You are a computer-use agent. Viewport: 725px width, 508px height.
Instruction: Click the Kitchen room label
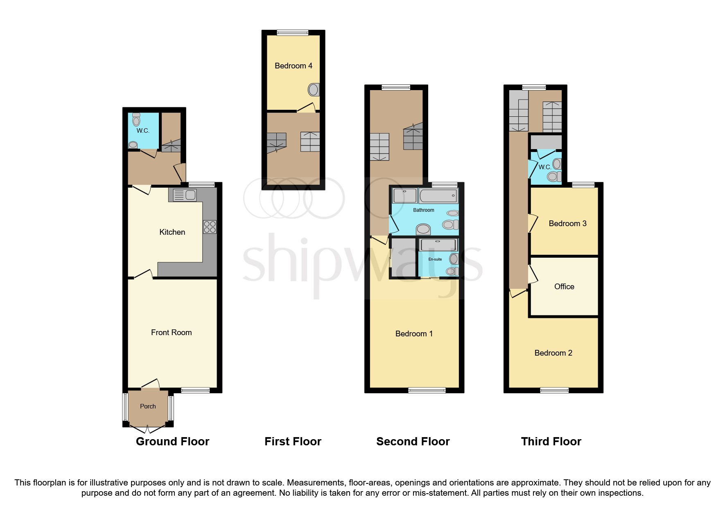tap(172, 232)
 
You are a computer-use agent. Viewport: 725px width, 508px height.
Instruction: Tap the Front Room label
tap(171, 333)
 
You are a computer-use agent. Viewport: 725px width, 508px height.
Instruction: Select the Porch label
tap(148, 406)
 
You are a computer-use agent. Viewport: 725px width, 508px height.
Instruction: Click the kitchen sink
tap(185, 195)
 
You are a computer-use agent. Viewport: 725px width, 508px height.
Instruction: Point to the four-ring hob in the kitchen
tap(210, 227)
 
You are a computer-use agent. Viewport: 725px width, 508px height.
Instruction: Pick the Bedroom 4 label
tap(293, 66)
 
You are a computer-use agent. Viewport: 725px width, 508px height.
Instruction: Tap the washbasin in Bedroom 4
tap(314, 90)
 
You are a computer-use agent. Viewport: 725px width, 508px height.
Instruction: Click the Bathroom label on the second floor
tap(423, 210)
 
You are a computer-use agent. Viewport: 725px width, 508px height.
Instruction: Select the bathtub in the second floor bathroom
tap(438, 196)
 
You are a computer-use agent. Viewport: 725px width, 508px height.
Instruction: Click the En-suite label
tap(435, 259)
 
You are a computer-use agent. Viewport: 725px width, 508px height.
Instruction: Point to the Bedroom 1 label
tap(414, 334)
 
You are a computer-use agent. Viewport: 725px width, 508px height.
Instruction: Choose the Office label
tap(564, 287)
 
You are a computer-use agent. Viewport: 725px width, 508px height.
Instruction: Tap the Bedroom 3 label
tap(567, 224)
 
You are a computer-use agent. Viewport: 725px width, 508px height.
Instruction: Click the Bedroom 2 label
tap(553, 353)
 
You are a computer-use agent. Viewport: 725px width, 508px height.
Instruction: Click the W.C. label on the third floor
tap(544, 167)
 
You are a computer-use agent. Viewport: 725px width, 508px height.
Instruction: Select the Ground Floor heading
tap(172, 442)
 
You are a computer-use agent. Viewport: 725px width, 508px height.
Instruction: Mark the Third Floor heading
tap(551, 442)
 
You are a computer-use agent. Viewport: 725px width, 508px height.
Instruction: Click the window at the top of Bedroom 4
tap(293, 33)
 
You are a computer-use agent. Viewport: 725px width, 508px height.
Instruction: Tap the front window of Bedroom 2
tap(554, 390)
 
